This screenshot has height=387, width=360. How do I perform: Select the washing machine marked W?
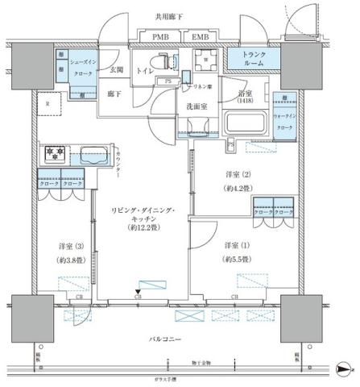(x=206, y=59)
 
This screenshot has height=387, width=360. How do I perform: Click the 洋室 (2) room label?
(x=238, y=175)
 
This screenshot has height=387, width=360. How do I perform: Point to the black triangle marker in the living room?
(x=139, y=292)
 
